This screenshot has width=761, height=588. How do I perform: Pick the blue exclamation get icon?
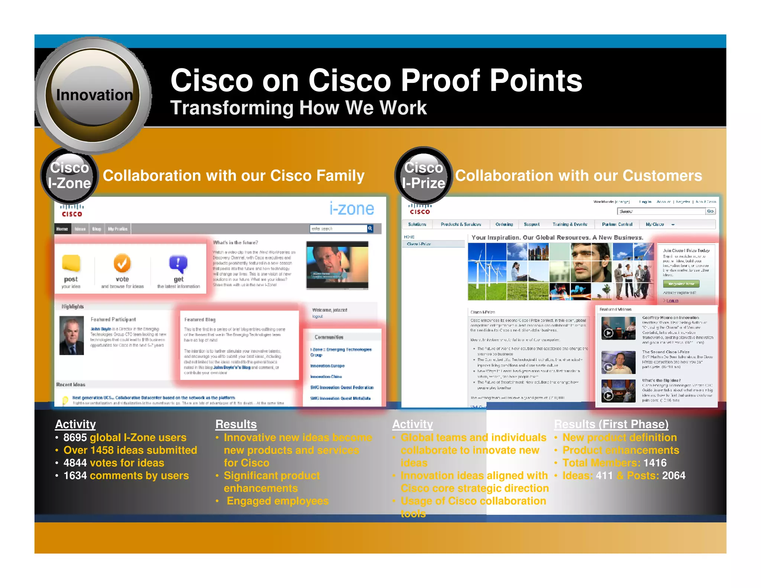pos(178,264)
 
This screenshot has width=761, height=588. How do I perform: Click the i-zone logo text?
pos(352,209)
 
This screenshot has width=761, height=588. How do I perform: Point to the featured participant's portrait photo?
pos(72,335)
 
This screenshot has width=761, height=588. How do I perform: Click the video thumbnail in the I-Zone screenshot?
pos(337,265)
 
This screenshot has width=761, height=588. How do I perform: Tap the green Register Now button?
pos(681,284)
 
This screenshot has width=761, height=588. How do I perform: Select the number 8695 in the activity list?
pos(75,437)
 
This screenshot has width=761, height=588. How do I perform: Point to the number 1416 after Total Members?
pos(655,463)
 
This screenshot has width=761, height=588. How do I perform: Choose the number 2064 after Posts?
pos(674,475)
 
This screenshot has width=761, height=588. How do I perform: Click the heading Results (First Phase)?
pos(611,424)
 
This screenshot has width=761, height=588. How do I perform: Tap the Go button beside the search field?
pos(710,211)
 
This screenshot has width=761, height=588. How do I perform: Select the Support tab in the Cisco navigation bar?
pos(531,224)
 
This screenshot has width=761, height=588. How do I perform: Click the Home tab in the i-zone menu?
pos(62,229)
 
